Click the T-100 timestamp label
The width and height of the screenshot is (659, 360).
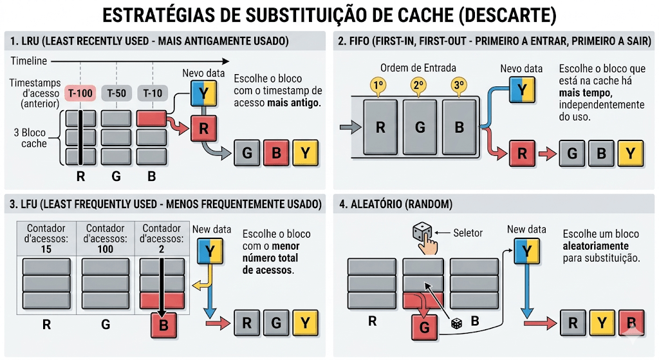(x=80, y=93)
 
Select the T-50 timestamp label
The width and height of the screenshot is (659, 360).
(x=116, y=93)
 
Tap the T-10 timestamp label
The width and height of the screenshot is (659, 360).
(x=153, y=93)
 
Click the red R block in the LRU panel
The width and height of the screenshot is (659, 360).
(x=204, y=128)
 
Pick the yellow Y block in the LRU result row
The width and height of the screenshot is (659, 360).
(x=305, y=153)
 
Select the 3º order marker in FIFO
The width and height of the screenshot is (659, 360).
(x=459, y=85)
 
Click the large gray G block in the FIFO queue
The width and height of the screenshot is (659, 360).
(x=420, y=127)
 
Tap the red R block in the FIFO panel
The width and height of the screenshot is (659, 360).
(x=522, y=153)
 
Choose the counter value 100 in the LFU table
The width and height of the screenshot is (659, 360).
(x=106, y=249)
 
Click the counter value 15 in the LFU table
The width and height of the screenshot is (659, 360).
(x=46, y=249)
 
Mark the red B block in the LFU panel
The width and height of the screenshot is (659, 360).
(x=163, y=325)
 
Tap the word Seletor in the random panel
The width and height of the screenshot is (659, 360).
(x=468, y=233)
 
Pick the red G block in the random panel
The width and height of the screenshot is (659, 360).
(x=424, y=327)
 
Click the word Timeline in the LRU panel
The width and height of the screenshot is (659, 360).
(x=29, y=61)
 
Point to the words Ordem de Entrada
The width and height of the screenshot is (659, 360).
(x=418, y=68)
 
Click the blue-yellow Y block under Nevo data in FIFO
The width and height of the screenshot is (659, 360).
(x=522, y=91)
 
